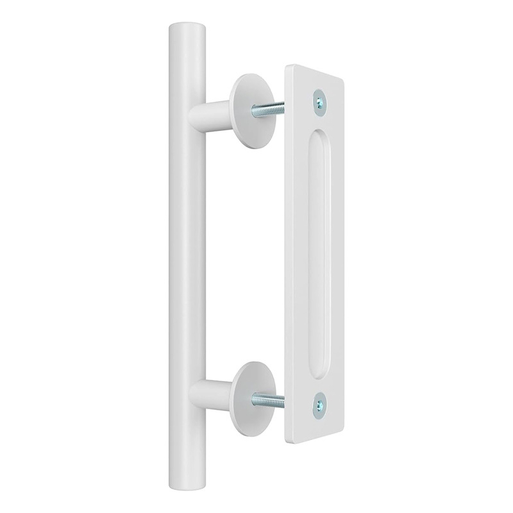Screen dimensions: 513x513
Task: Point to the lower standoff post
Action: coord(215,388)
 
